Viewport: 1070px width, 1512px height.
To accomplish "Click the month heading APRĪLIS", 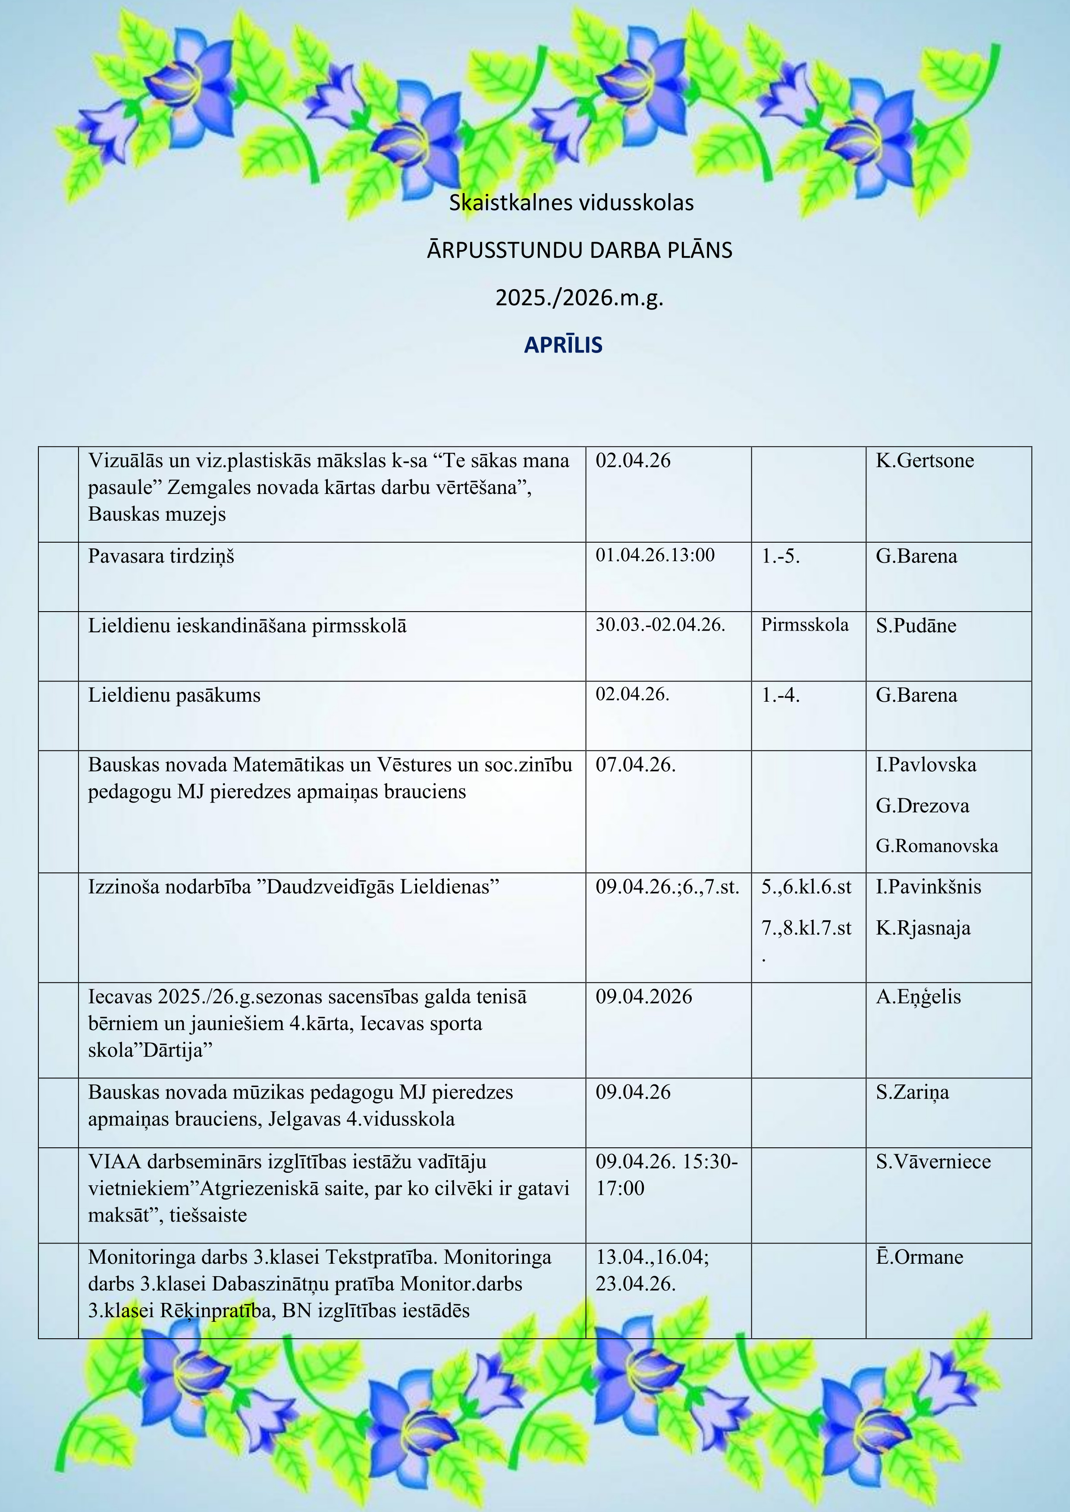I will point(563,345).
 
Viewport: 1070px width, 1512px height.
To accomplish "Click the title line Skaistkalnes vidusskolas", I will point(571,203).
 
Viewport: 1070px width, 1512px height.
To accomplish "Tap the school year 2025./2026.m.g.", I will point(579,298).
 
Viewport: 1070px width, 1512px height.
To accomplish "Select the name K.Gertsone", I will point(924,460).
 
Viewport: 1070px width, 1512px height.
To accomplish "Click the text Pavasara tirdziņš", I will point(161,556).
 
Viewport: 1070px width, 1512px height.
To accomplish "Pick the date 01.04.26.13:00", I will point(655,555).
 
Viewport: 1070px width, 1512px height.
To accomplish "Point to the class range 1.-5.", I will point(781,556).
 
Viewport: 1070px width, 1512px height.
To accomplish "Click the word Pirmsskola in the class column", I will point(804,625).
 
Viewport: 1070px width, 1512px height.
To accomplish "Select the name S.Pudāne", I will point(916,625).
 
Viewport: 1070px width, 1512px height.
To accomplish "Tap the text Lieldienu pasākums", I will point(175,695).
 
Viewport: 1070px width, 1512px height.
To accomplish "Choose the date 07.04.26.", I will point(636,765).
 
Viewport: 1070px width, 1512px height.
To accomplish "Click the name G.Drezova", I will point(923,806).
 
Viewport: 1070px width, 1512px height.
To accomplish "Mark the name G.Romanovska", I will point(936,846).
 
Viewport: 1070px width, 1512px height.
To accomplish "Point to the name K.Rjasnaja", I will point(923,928).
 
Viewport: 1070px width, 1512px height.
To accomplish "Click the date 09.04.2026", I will point(644,997).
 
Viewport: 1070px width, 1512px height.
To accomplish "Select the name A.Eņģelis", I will point(918,997).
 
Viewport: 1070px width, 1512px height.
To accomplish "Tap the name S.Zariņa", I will point(913,1093).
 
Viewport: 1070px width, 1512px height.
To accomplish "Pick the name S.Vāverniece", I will point(933,1162).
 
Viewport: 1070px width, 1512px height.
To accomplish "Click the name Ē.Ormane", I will point(919,1257).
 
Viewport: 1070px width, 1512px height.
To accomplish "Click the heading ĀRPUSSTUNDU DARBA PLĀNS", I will point(579,251).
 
